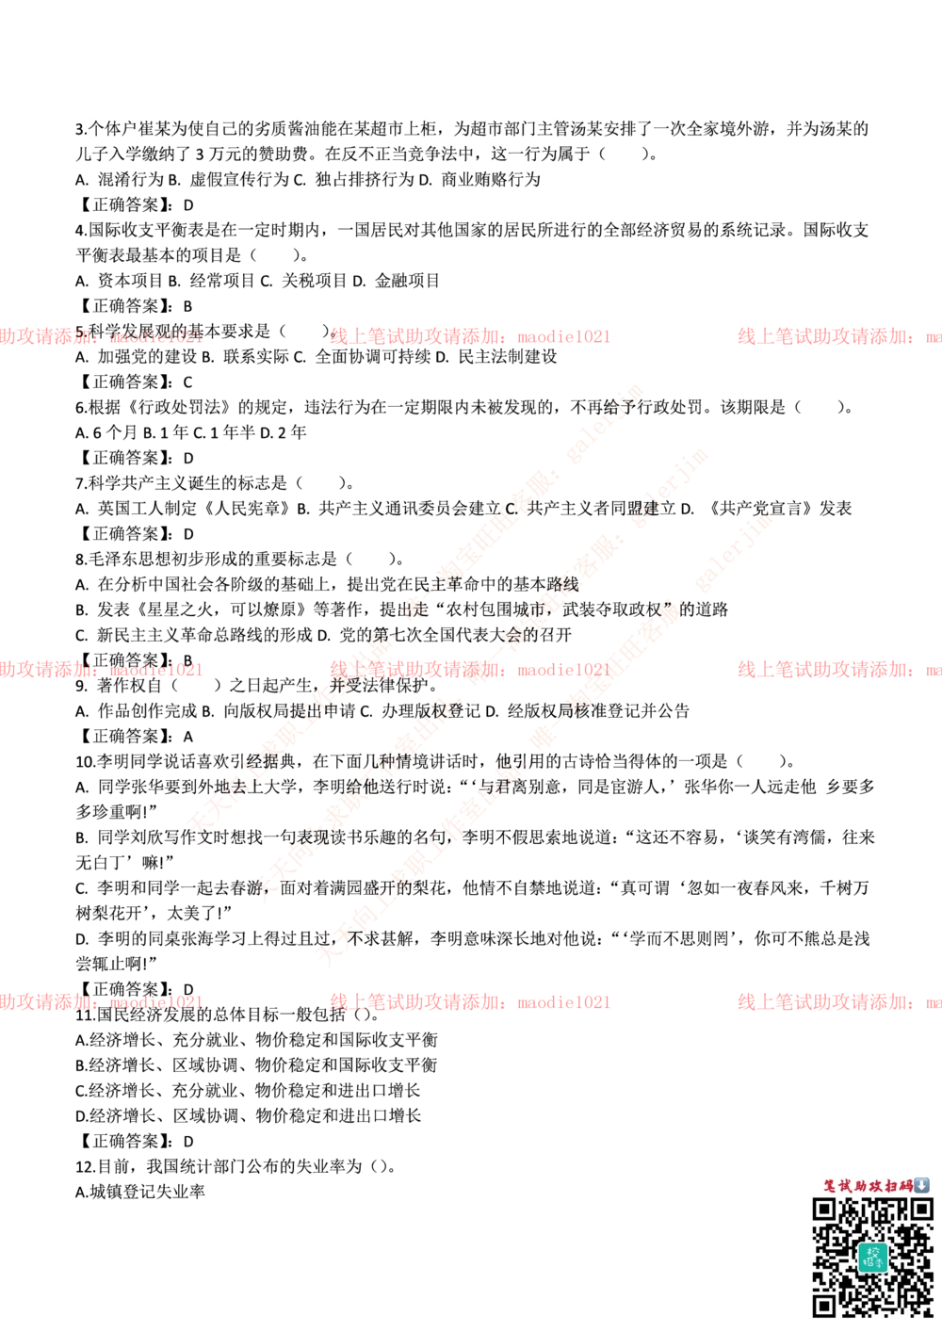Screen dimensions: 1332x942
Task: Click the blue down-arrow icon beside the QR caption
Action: click(922, 1185)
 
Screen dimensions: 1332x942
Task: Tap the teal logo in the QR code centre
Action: click(872, 1257)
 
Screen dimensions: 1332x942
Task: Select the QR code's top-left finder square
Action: click(823, 1209)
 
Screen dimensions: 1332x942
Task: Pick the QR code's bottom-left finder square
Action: click(823, 1306)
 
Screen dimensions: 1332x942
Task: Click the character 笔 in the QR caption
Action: click(831, 1186)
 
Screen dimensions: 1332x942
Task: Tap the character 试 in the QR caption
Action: click(846, 1186)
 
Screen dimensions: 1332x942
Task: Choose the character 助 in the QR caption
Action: click(861, 1186)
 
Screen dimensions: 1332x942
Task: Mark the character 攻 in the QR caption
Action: click(876, 1186)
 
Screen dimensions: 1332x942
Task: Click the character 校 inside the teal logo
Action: click(872, 1252)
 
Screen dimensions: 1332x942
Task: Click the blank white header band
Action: click(471, 79)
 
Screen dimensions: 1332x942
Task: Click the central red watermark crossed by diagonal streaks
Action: click(469, 670)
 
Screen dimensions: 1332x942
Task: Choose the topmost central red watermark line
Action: click(469, 335)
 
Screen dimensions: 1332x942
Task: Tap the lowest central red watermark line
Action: click(469, 1001)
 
